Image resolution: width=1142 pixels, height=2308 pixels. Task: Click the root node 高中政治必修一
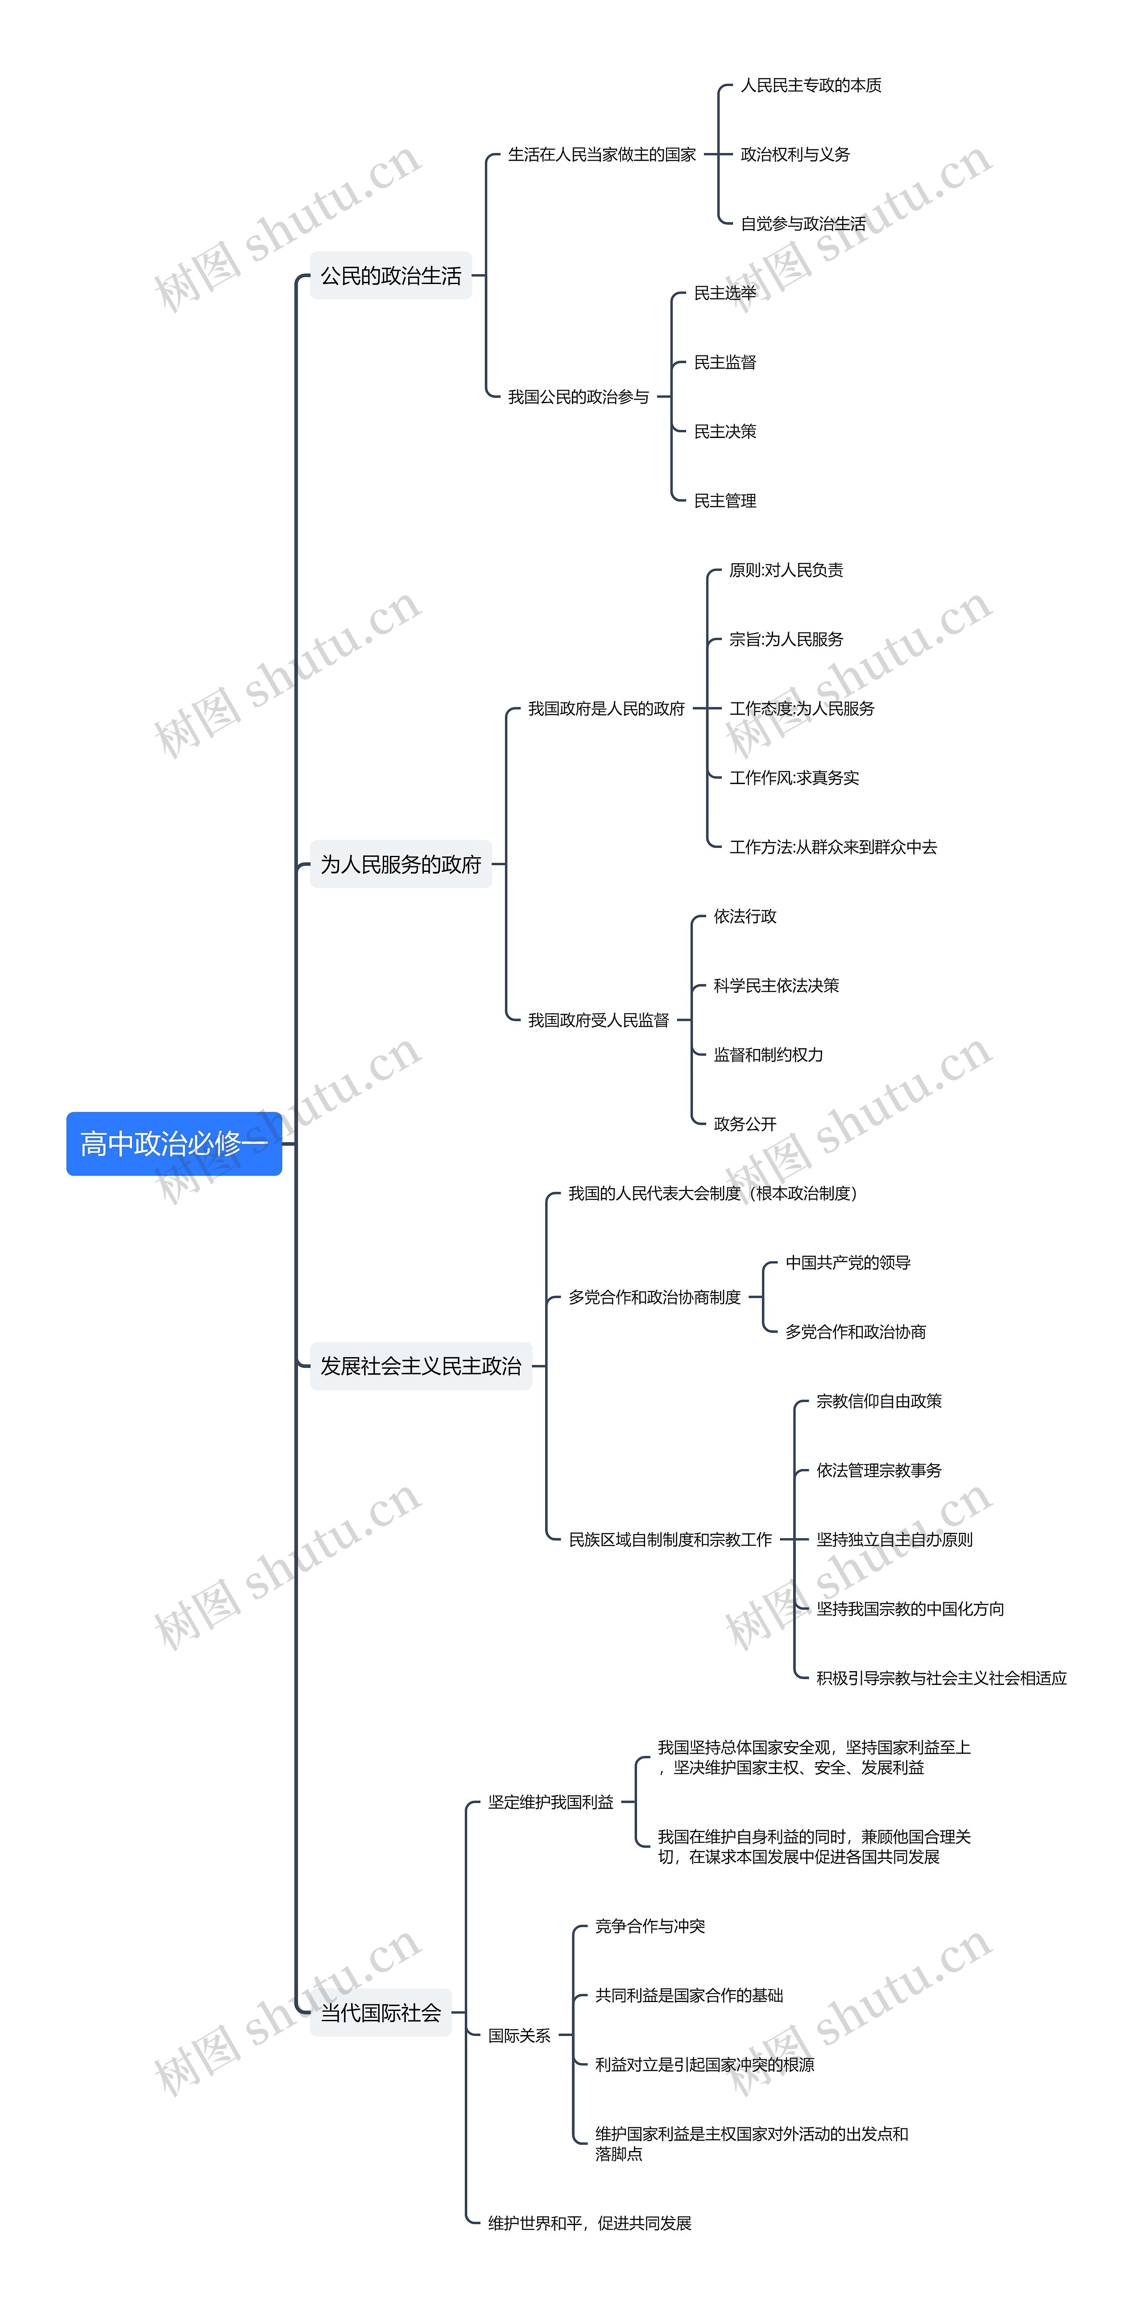click(x=174, y=1143)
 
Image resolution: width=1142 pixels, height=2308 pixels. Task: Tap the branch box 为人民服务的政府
click(x=401, y=864)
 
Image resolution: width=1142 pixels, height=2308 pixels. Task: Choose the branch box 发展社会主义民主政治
click(x=420, y=1366)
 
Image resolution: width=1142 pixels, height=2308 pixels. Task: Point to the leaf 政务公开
click(x=745, y=1123)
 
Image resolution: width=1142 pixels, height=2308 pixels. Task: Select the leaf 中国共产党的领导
click(x=848, y=1263)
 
